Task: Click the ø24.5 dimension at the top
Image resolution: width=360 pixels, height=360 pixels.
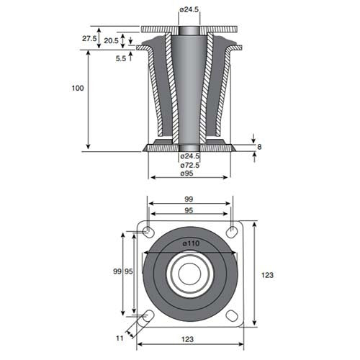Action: (x=189, y=9)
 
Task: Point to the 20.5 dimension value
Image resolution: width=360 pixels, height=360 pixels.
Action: (x=111, y=41)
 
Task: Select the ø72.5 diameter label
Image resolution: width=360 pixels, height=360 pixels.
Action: (x=189, y=165)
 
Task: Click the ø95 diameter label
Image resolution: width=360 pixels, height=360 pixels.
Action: (x=189, y=174)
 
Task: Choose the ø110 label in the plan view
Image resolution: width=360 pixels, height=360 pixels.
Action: (x=191, y=244)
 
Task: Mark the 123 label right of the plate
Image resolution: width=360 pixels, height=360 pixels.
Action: (x=268, y=274)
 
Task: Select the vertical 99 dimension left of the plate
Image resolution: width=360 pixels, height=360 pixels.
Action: (x=118, y=271)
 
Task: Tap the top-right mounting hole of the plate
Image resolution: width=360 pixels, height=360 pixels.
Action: (x=233, y=231)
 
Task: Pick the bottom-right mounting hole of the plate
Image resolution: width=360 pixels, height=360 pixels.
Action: (x=232, y=316)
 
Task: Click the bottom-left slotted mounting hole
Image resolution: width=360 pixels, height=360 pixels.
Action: (x=148, y=317)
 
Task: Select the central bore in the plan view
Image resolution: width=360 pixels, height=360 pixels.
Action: (x=190, y=274)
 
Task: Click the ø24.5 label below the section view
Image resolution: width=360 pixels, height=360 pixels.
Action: (x=189, y=156)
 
